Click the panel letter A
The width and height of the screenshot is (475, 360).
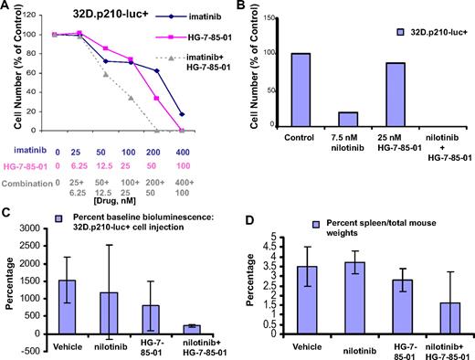(6, 7)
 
